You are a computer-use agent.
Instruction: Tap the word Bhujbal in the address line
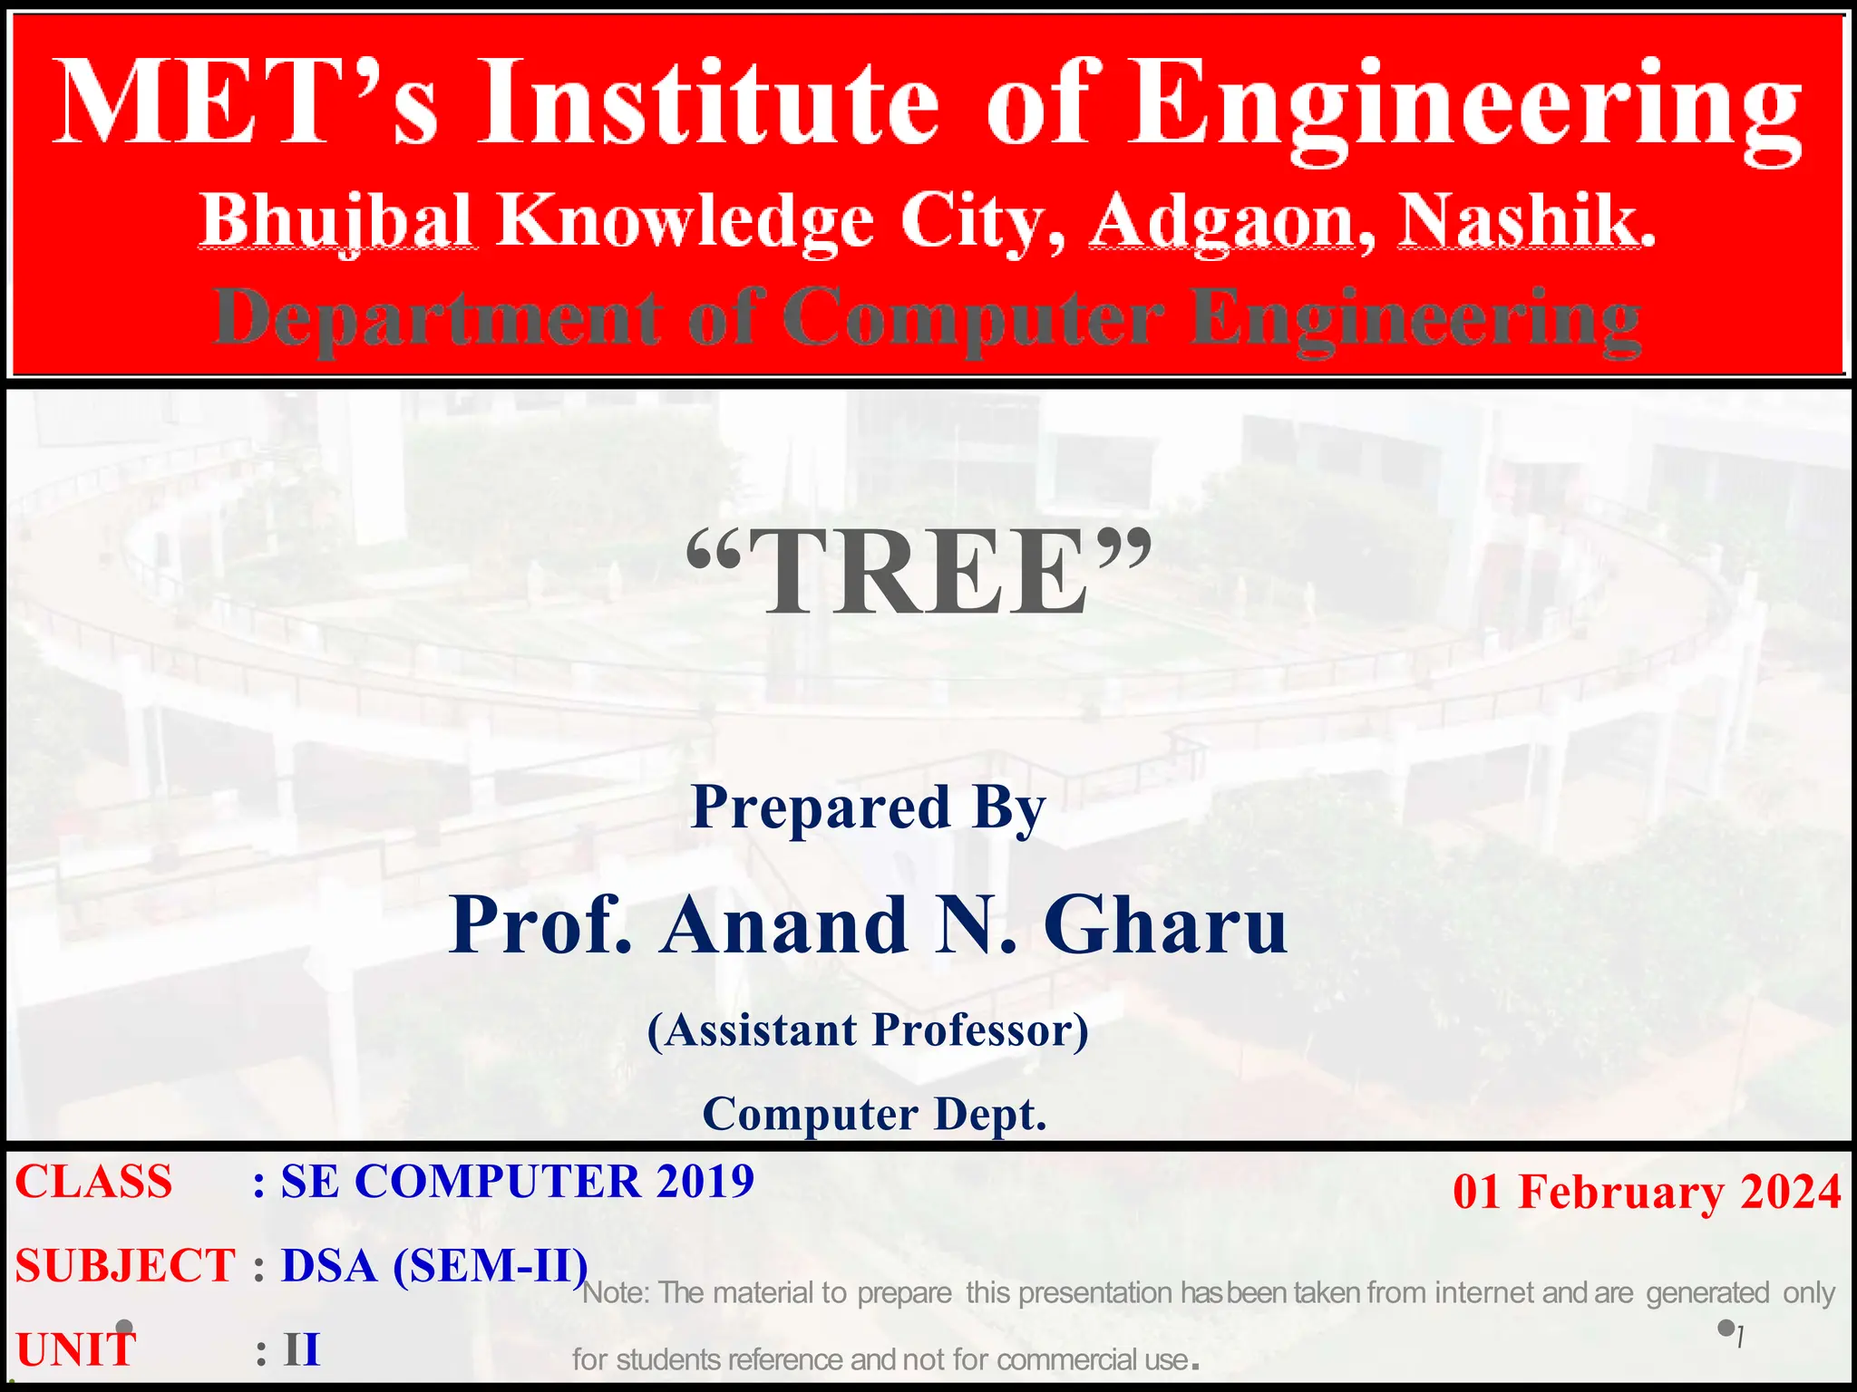click(x=336, y=220)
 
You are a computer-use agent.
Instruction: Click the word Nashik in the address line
click(x=1525, y=220)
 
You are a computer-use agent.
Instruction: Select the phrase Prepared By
click(x=869, y=807)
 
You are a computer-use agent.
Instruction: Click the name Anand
click(x=785, y=925)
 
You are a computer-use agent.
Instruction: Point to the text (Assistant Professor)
click(x=869, y=1030)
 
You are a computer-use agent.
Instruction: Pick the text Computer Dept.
click(x=874, y=1114)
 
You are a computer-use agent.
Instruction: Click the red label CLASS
click(x=94, y=1182)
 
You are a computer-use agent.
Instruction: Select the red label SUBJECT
click(x=125, y=1265)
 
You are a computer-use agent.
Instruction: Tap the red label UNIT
click(x=76, y=1348)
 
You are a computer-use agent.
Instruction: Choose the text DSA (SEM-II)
click(x=434, y=1265)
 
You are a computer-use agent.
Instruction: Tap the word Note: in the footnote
click(x=616, y=1292)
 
